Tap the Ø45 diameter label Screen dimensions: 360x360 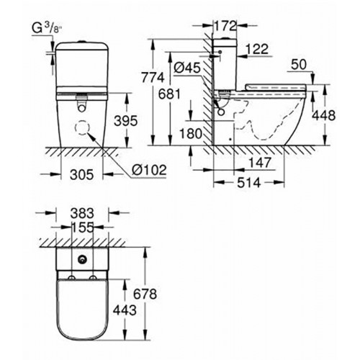tap(187, 68)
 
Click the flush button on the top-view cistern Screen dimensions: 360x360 tap(83, 260)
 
